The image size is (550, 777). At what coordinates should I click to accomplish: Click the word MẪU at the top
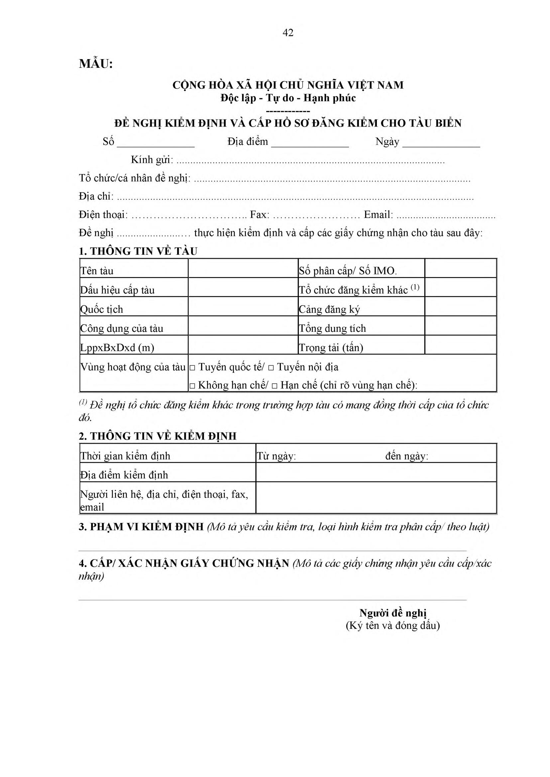click(x=95, y=64)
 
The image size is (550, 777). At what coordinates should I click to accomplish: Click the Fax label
click(x=260, y=215)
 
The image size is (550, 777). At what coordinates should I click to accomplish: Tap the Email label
click(x=378, y=215)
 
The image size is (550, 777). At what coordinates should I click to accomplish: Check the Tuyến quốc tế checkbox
click(x=192, y=368)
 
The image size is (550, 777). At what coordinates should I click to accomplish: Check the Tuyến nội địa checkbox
click(x=271, y=368)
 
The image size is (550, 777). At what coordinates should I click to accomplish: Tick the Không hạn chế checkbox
click(x=192, y=386)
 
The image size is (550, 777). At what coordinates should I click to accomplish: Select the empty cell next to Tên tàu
click(x=243, y=268)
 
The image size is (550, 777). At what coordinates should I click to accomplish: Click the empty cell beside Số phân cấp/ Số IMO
click(x=460, y=268)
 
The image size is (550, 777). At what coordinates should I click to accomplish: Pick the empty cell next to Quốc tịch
click(x=243, y=306)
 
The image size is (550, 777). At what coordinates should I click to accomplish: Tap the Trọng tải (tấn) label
click(x=331, y=348)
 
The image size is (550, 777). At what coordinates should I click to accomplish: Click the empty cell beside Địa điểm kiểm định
click(x=376, y=472)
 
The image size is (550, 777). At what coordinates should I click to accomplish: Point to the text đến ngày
click(x=406, y=456)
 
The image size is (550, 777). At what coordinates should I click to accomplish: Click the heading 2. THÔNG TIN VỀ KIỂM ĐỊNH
click(x=158, y=436)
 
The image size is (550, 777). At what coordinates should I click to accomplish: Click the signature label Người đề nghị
click(x=392, y=613)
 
